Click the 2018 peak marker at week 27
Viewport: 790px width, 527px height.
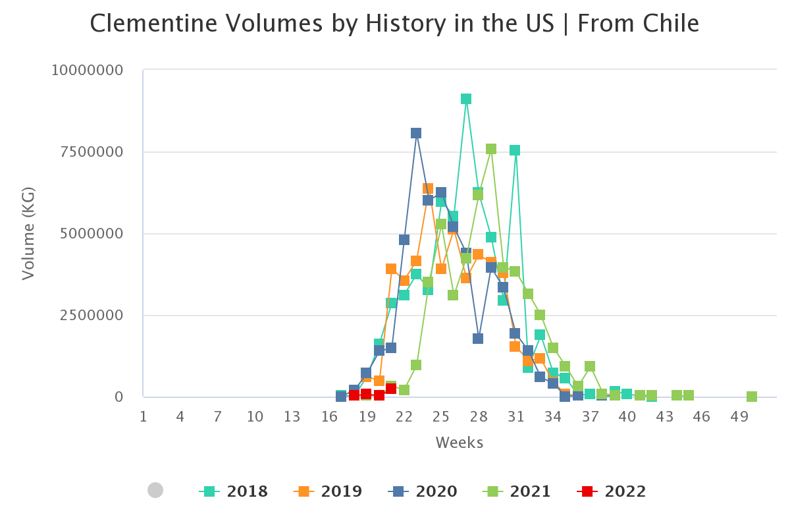pos(466,99)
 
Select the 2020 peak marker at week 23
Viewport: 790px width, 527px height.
pos(416,133)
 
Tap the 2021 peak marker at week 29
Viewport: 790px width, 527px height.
pos(491,149)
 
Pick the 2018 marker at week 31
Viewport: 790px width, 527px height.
pos(515,150)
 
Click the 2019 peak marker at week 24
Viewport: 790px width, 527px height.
pos(428,189)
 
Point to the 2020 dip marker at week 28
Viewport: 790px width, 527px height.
pos(478,339)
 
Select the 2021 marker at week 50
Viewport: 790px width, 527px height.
pos(752,397)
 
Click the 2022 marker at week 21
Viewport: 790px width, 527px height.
pos(391,389)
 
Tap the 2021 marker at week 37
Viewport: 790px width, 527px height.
pos(590,366)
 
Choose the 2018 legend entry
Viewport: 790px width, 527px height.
pos(234,491)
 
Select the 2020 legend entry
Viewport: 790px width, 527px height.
pos(423,491)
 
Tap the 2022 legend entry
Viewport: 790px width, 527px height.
pos(612,491)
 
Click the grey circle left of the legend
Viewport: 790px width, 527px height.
pos(155,490)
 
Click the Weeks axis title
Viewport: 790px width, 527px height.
pos(460,443)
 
